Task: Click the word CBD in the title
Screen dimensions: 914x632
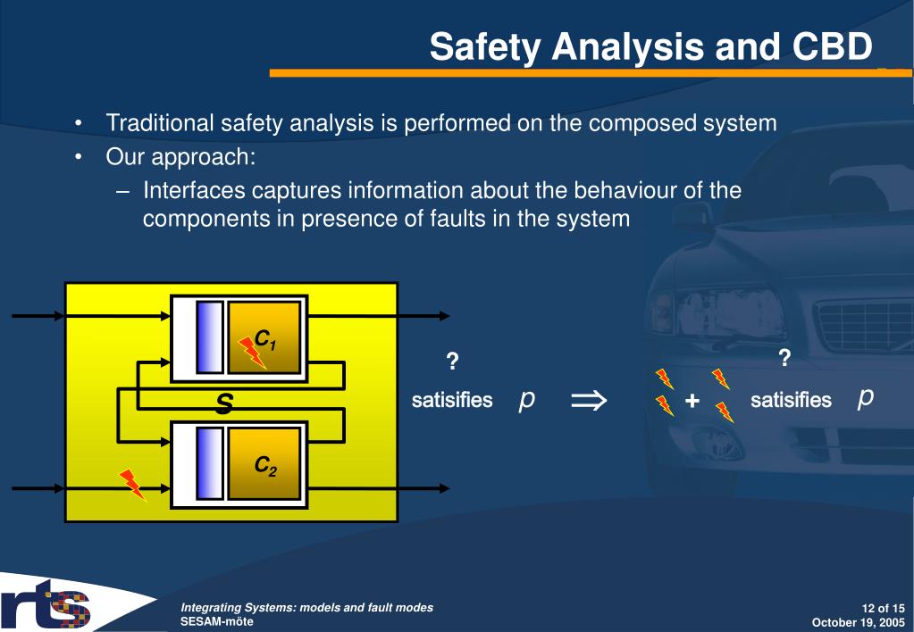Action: point(832,46)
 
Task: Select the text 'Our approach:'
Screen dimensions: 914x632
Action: point(180,157)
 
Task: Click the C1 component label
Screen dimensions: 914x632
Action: point(265,339)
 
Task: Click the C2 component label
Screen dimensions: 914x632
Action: point(265,466)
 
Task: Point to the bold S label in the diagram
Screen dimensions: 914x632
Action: point(224,403)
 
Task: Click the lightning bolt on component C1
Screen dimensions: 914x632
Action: point(252,353)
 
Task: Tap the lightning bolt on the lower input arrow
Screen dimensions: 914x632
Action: point(132,486)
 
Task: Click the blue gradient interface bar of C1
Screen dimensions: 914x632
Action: point(209,337)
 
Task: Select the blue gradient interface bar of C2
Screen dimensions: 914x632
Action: point(209,463)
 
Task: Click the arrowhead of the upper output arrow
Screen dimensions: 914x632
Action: point(444,316)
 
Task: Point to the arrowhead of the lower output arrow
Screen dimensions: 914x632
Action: point(444,488)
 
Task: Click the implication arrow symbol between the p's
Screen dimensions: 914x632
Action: point(589,401)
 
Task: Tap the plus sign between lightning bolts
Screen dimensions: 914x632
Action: point(692,401)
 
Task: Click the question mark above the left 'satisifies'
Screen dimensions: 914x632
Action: point(452,362)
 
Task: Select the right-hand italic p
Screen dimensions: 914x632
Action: point(866,398)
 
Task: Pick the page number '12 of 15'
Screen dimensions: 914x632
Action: point(883,608)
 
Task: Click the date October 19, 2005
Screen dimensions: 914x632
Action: point(858,622)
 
